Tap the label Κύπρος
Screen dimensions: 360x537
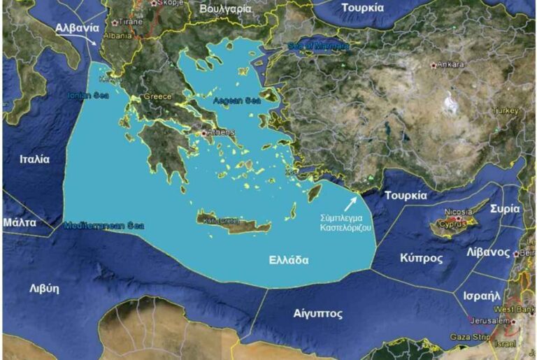coord(421,258)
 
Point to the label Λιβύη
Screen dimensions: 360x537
coord(43,288)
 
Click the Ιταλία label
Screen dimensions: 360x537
coord(35,159)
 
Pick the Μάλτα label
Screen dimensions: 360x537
coord(20,222)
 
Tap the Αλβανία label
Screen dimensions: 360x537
coord(77,28)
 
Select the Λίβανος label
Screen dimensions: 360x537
coord(489,253)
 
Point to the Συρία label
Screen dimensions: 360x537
coord(504,208)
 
